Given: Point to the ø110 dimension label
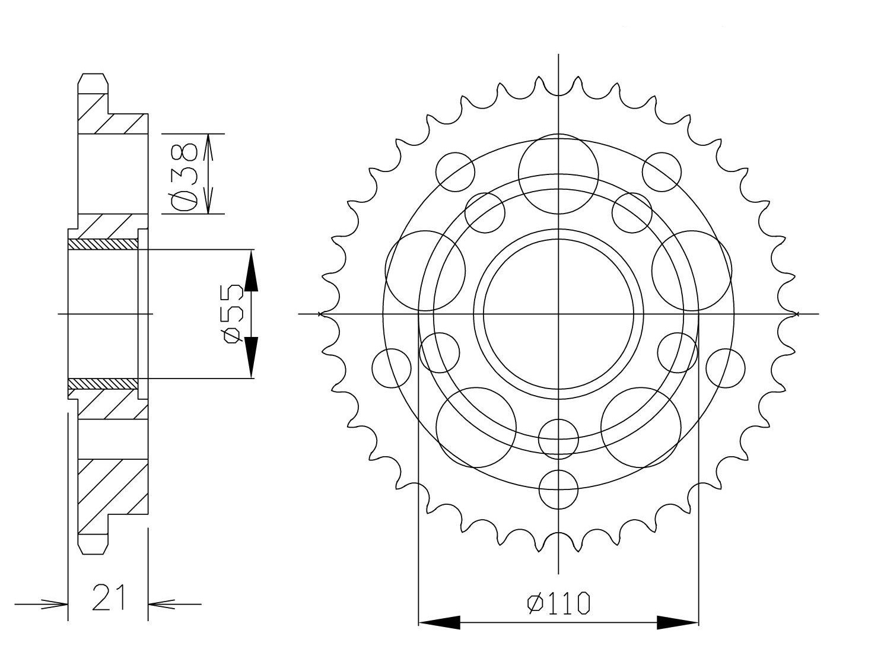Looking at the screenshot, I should [x=559, y=603].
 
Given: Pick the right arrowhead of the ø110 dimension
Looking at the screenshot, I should [x=678, y=622].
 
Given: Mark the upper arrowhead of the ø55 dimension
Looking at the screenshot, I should [x=251, y=271].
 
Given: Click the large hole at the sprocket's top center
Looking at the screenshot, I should [x=558, y=173].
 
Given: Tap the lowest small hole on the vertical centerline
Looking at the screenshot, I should [x=558, y=489].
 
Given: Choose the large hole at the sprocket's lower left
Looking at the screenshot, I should [x=475, y=427].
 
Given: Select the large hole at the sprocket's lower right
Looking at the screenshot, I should [x=641, y=427].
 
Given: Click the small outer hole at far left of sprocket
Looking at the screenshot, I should [x=392, y=368].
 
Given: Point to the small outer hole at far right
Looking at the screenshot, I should [x=725, y=368].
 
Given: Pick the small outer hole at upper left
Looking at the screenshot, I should [x=455, y=172].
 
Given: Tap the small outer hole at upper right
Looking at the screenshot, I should [x=662, y=172].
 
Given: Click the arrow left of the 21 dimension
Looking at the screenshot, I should [x=53, y=605].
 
